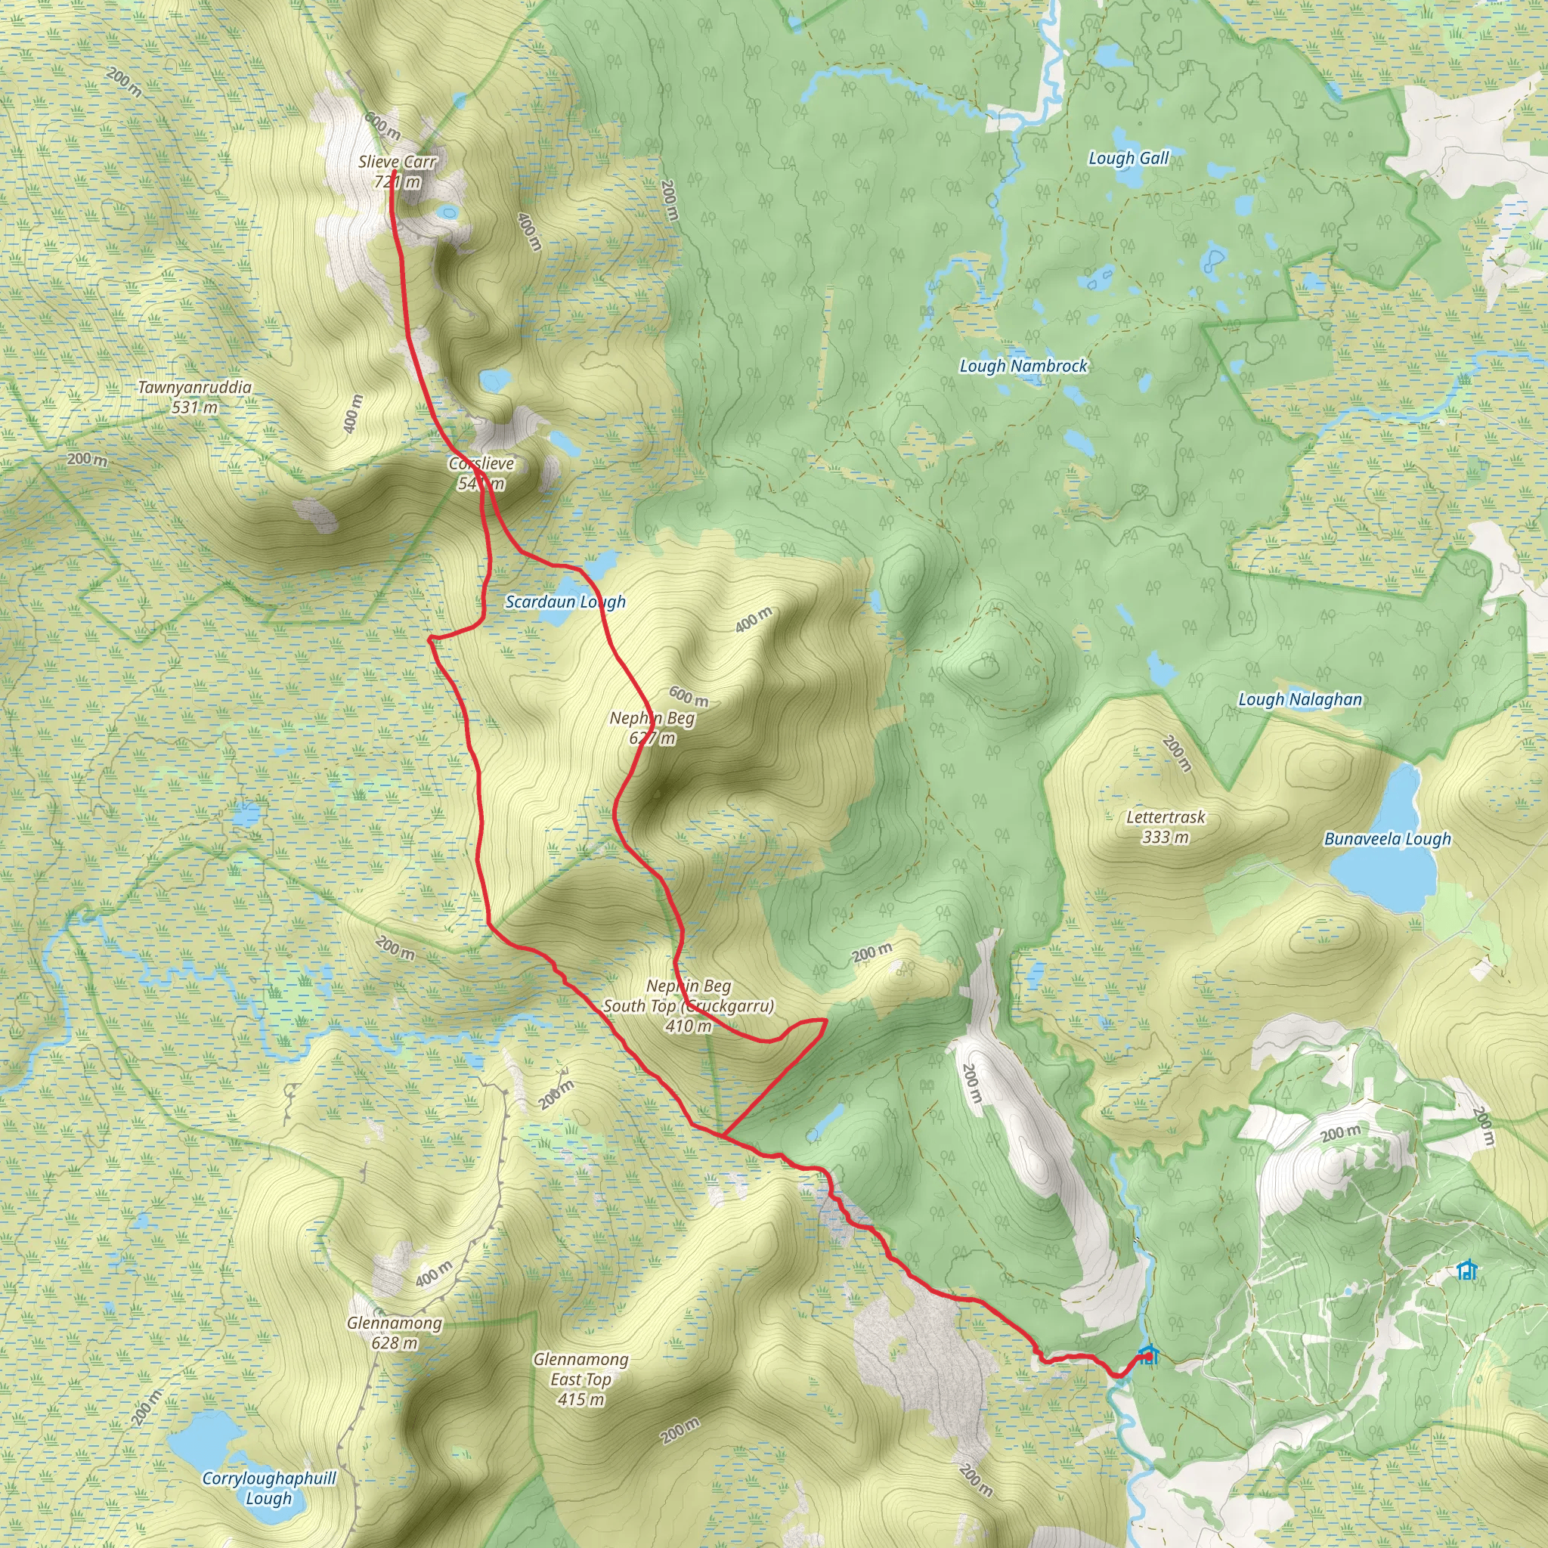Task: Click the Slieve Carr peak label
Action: pyautogui.click(x=398, y=162)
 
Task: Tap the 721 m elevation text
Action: pyautogui.click(x=398, y=182)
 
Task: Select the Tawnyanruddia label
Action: pyautogui.click(x=195, y=387)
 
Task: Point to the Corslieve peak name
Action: pyautogui.click(x=481, y=463)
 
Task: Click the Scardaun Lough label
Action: pyautogui.click(x=565, y=602)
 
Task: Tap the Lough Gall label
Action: pyautogui.click(x=1128, y=158)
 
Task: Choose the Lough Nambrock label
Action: pyautogui.click(x=1023, y=366)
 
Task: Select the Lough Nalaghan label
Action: pyautogui.click(x=1299, y=699)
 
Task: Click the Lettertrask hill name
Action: pyautogui.click(x=1166, y=817)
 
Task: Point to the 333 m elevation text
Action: pyautogui.click(x=1166, y=837)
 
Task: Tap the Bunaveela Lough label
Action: pyautogui.click(x=1387, y=839)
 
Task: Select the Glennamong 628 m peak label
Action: pyautogui.click(x=395, y=1333)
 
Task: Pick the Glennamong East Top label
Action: pyautogui.click(x=581, y=1370)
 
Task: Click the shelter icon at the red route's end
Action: pyautogui.click(x=1148, y=1356)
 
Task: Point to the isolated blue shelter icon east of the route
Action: pyautogui.click(x=1467, y=1271)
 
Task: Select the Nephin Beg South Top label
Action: pyautogui.click(x=689, y=996)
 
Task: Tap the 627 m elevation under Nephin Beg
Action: pyautogui.click(x=652, y=738)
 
